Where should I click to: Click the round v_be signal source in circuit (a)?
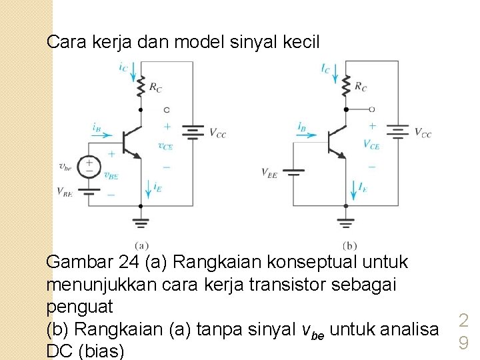(89, 166)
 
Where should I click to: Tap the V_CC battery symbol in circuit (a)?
(193, 133)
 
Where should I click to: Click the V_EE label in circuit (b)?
(270, 173)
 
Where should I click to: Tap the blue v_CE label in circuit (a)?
(166, 146)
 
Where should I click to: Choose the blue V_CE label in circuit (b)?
(371, 144)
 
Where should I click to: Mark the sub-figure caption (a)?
(141, 245)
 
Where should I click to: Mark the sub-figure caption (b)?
(349, 245)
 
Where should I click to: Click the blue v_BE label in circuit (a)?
(111, 175)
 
